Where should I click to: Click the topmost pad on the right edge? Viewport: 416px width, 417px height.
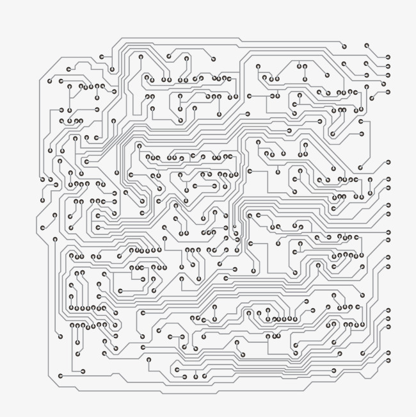click(388, 57)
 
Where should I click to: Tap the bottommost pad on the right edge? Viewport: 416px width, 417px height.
click(388, 361)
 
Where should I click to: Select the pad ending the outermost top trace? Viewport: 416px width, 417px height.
click(344, 46)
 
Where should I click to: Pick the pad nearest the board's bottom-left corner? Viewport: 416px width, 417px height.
click(61, 376)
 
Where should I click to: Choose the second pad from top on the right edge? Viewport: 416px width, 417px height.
click(388, 66)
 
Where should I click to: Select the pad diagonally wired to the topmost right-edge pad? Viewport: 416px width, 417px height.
click(367, 46)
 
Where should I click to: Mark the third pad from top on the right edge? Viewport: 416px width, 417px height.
click(388, 75)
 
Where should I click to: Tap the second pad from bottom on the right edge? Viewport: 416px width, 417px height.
click(388, 352)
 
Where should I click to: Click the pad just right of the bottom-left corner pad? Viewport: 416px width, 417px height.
click(83, 371)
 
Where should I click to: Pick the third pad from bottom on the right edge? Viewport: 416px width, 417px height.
click(388, 327)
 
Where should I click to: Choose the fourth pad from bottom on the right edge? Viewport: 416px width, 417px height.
click(388, 318)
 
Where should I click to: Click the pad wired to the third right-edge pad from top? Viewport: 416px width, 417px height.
click(366, 63)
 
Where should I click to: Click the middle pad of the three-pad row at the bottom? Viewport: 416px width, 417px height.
click(196, 376)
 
